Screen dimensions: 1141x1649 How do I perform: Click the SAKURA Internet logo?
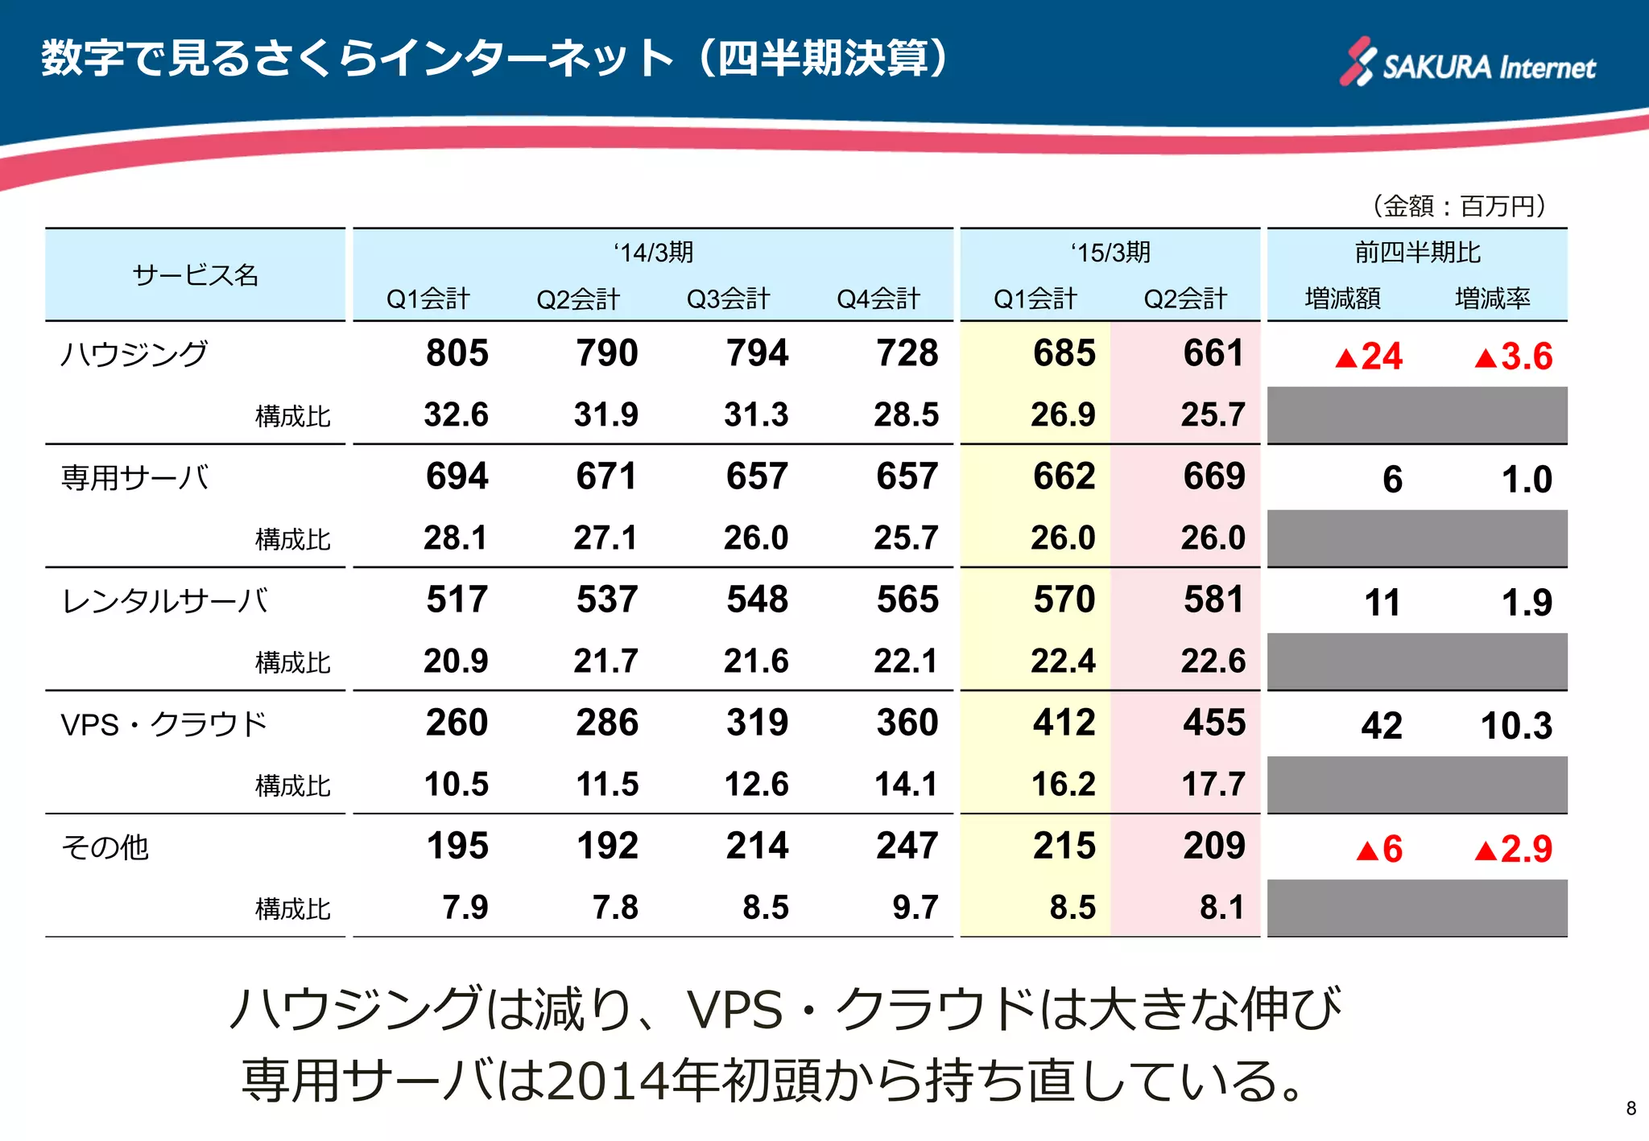(1467, 63)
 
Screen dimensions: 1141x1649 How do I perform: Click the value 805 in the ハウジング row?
(457, 353)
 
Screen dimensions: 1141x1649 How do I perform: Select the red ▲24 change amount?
(1369, 356)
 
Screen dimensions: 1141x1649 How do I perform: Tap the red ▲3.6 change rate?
(1513, 356)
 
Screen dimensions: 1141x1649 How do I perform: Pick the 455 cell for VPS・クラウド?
(1213, 723)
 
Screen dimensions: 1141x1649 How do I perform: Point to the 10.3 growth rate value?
(1516, 726)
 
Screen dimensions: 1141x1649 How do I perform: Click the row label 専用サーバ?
(134, 477)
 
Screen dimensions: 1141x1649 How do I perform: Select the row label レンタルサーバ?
(165, 600)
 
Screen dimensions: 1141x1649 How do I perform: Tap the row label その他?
(105, 846)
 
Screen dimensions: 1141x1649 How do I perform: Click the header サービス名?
(195, 275)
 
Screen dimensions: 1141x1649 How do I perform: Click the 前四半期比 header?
(1417, 253)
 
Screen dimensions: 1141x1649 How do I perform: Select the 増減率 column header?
(1492, 299)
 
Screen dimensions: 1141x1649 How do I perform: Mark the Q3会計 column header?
(728, 299)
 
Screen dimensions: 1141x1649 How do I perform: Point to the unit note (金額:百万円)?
(1459, 206)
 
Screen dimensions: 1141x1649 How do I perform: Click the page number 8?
(1630, 1108)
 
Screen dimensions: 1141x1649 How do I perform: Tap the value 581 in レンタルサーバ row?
(1213, 599)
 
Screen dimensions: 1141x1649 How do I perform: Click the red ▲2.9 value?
(1513, 849)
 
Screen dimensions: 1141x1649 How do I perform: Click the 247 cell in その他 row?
(907, 846)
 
